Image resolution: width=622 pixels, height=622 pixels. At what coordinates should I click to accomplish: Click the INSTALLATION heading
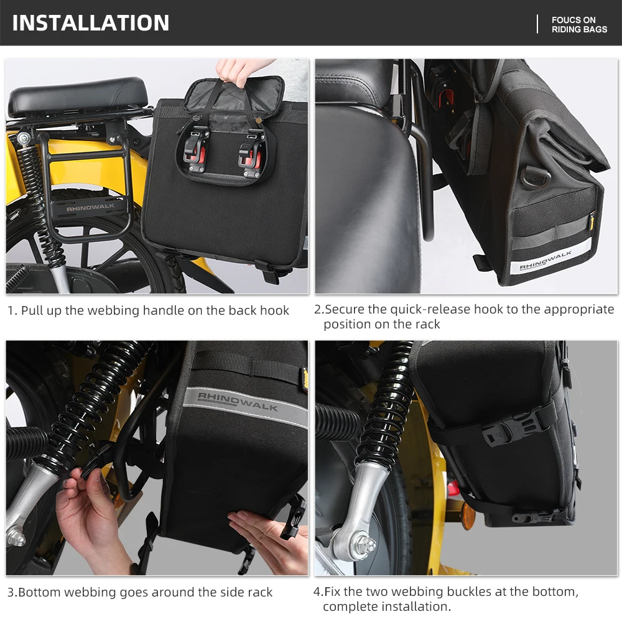coord(91,23)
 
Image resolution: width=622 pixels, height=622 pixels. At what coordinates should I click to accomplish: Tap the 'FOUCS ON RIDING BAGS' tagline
coord(579,24)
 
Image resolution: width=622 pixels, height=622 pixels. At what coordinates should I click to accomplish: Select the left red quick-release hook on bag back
coord(197,151)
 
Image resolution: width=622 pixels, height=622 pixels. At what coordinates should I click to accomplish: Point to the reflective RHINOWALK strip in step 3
coord(239,401)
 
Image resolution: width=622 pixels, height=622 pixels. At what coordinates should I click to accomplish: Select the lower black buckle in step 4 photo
coord(529,516)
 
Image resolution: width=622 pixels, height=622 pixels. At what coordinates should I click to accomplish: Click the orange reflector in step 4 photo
coord(468,516)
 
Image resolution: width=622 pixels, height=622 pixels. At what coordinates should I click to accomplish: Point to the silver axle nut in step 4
coord(367,544)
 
